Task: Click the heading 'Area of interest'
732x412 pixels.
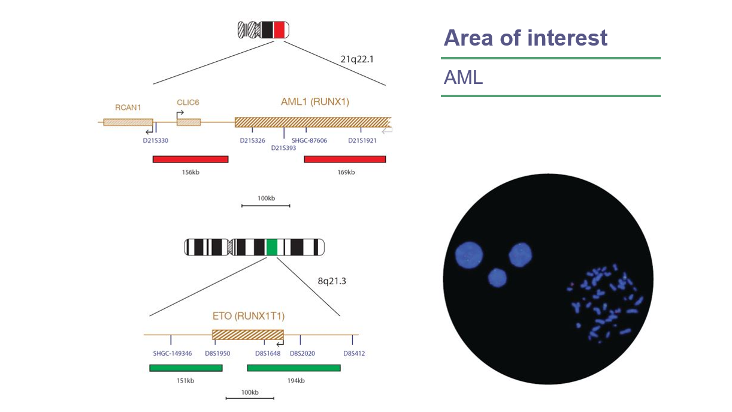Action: pyautogui.click(x=525, y=38)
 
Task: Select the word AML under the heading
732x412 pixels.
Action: pyautogui.click(x=463, y=77)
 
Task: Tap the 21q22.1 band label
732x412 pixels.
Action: pyautogui.click(x=356, y=59)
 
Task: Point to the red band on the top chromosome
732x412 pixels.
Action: pyautogui.click(x=279, y=29)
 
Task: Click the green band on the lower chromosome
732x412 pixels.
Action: pyautogui.click(x=271, y=247)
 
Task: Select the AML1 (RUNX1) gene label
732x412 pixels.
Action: pyautogui.click(x=314, y=102)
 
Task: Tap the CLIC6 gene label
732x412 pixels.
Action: pyautogui.click(x=187, y=103)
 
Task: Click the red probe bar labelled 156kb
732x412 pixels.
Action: pyautogui.click(x=190, y=159)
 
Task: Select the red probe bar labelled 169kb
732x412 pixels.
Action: pyautogui.click(x=344, y=159)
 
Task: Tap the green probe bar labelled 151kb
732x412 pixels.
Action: pyautogui.click(x=185, y=368)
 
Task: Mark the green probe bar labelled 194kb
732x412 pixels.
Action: pyautogui.click(x=294, y=368)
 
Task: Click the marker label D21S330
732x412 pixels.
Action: pyautogui.click(x=155, y=141)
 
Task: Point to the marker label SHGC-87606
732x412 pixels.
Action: pyautogui.click(x=309, y=141)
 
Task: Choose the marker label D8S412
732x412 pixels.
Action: pyautogui.click(x=354, y=354)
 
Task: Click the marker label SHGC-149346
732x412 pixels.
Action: pyautogui.click(x=173, y=354)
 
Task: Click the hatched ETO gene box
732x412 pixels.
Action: pyautogui.click(x=247, y=335)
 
